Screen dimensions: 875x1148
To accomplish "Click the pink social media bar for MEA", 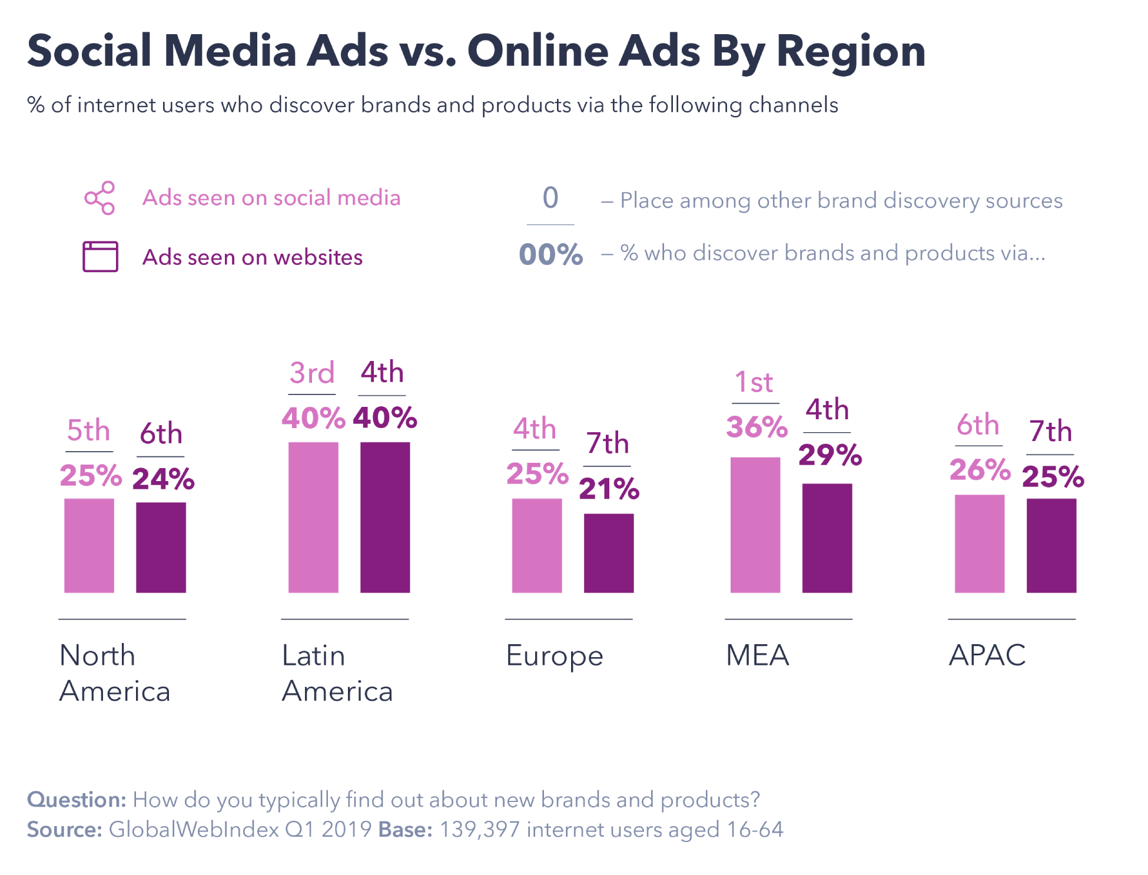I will [x=755, y=525].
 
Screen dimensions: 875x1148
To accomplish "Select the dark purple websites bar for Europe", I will [x=608, y=553].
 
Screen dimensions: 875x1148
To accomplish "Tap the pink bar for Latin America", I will [x=313, y=517].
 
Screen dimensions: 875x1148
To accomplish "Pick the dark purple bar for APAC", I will [x=1051, y=545].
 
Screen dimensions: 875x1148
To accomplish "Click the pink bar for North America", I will [x=89, y=545].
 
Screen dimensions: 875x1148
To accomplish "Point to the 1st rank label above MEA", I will [x=754, y=382].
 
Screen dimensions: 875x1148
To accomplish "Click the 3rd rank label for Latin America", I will [x=312, y=373].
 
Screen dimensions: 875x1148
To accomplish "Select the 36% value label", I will [x=757, y=427].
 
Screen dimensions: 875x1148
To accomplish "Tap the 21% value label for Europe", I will [x=609, y=489].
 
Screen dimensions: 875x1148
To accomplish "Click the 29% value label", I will [x=830, y=455].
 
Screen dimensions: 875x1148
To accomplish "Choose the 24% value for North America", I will [x=163, y=478].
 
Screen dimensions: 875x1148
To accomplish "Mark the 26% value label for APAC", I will [x=980, y=470].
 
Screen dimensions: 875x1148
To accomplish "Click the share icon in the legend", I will [x=100, y=198].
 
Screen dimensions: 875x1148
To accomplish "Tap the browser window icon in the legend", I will [x=100, y=257].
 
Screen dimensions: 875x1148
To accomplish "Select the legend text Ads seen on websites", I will [x=252, y=257].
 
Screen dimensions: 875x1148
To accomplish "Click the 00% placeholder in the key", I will [x=550, y=254].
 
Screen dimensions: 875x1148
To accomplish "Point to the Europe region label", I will [x=554, y=656].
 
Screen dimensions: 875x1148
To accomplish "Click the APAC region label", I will [x=987, y=655].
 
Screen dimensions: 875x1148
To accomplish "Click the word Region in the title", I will [x=851, y=51].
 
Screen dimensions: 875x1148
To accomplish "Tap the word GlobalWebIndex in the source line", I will [x=194, y=829].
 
